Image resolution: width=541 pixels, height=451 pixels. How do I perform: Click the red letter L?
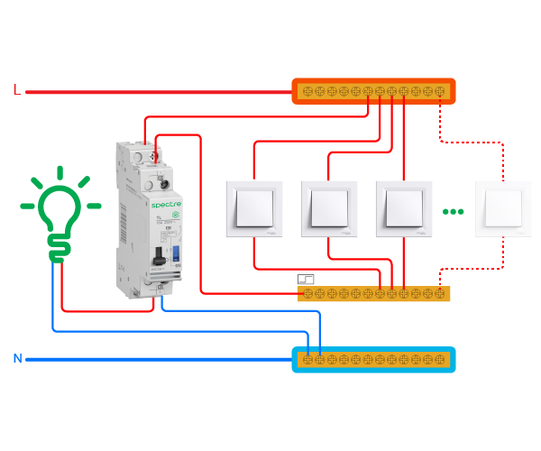point(16,89)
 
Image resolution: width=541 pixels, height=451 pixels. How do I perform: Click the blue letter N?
point(17,359)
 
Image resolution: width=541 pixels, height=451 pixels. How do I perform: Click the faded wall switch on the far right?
point(503,208)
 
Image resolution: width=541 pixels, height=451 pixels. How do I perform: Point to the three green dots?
point(453,212)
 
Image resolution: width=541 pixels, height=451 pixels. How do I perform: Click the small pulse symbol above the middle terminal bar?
point(306,280)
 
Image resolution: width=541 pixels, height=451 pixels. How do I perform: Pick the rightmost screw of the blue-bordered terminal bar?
point(441,360)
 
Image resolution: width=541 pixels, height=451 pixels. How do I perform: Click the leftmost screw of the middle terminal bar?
point(307,294)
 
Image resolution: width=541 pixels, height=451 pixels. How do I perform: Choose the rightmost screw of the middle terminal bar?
point(440,294)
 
